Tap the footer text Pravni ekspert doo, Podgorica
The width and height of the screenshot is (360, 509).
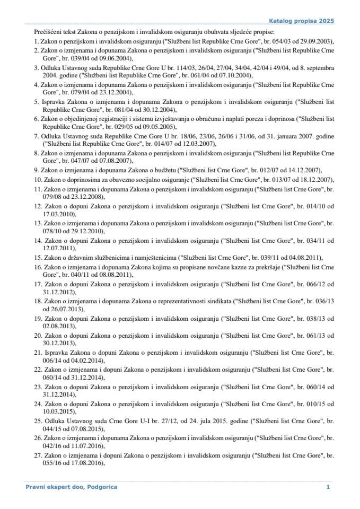(x=72, y=487)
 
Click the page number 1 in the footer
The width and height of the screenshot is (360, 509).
(x=328, y=487)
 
